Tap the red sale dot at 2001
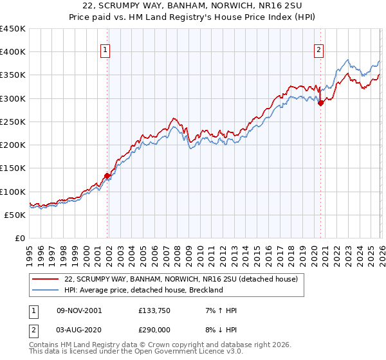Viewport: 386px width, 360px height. click(107, 175)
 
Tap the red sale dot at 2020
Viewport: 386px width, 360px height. click(320, 102)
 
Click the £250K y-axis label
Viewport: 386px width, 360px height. click(13, 122)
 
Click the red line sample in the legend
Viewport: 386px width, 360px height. click(46, 280)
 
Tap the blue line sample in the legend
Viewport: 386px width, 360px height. click(46, 290)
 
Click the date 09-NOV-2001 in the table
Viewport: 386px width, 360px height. click(79, 310)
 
